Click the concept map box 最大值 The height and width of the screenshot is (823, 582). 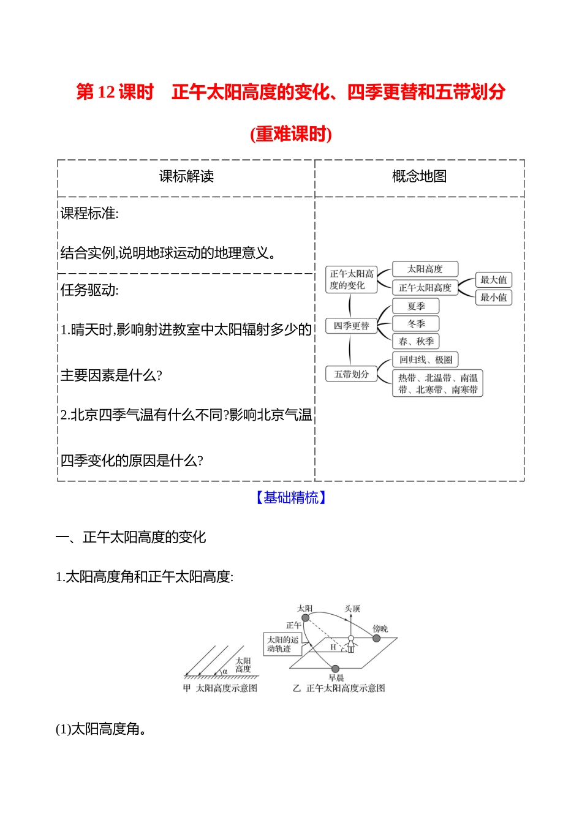[x=493, y=280]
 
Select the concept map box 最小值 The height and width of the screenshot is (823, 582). [x=493, y=297]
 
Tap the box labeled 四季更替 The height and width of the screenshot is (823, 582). [x=351, y=326]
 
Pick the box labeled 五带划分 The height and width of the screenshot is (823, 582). [x=351, y=374]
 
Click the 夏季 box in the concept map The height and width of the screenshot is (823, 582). [x=416, y=306]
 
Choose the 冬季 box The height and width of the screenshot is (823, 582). [x=416, y=324]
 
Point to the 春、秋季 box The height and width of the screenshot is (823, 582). [x=416, y=341]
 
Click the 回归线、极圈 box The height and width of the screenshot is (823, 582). [x=425, y=359]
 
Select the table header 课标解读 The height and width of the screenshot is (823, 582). [x=186, y=176]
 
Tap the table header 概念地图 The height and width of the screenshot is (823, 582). [x=419, y=176]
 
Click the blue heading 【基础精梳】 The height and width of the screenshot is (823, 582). [x=291, y=497]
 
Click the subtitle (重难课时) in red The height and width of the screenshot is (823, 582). [x=291, y=133]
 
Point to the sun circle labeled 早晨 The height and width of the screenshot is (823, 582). [x=335, y=668]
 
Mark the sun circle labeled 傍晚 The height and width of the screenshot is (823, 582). [x=376, y=638]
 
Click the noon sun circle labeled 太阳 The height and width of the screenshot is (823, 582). [x=306, y=618]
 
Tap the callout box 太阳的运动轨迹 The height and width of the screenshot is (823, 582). [x=282, y=644]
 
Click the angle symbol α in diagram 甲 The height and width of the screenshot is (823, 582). [x=225, y=671]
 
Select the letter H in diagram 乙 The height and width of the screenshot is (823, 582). [x=333, y=647]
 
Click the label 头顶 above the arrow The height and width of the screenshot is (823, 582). [x=352, y=609]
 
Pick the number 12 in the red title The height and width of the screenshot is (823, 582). [x=107, y=92]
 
